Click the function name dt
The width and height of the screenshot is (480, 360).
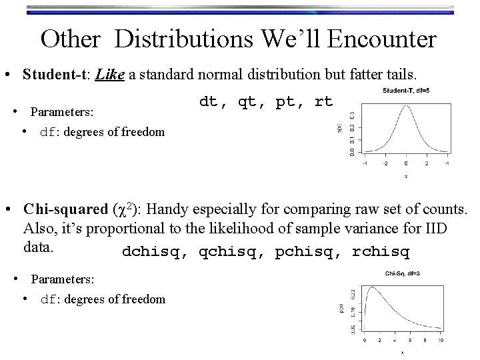[209, 102]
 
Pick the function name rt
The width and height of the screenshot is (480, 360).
[323, 102]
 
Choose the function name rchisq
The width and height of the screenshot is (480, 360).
[380, 253]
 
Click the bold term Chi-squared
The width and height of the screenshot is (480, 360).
[63, 209]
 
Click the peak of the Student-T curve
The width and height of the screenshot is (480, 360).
[405, 107]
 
